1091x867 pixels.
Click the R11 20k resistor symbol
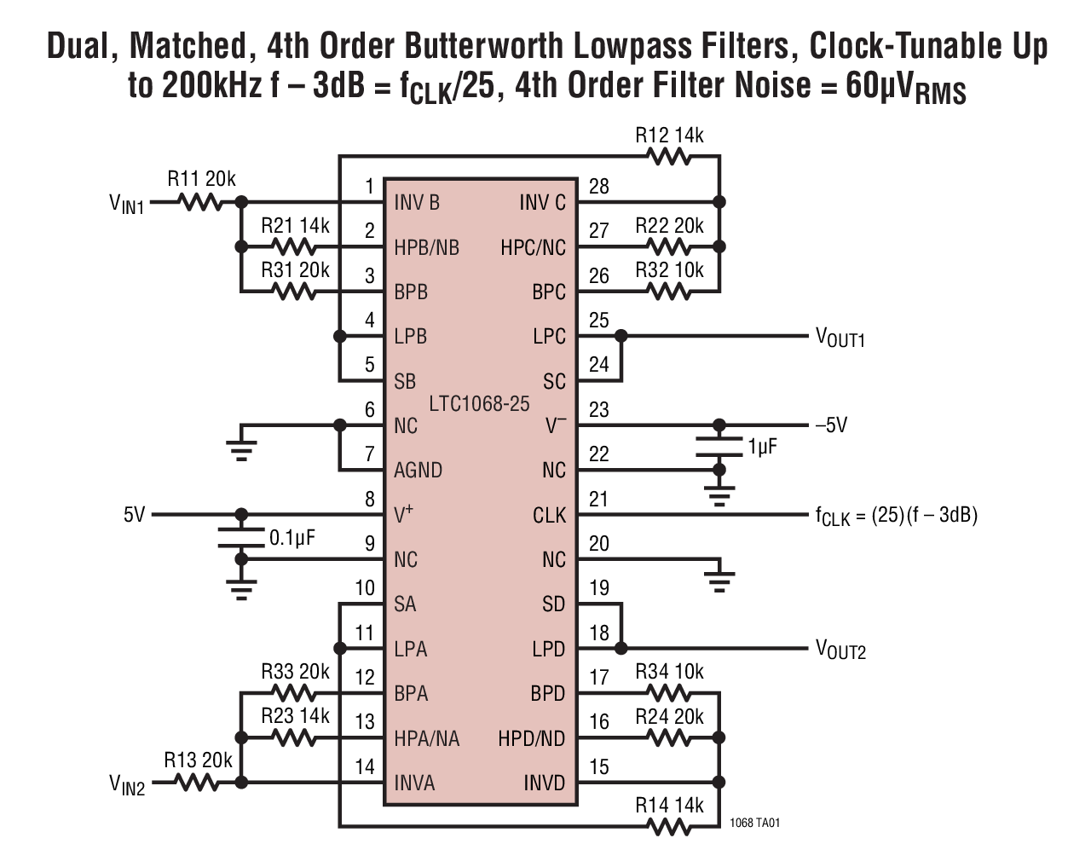click(x=199, y=203)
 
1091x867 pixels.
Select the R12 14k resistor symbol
click(x=669, y=157)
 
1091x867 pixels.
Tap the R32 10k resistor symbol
click(x=669, y=292)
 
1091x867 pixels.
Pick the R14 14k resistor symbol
click(x=669, y=826)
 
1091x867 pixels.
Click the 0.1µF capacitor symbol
click(x=241, y=537)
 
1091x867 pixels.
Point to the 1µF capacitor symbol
click(x=719, y=446)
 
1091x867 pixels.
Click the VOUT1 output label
click(x=840, y=338)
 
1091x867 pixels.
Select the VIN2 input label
click(x=126, y=784)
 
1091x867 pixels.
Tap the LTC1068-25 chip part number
click(x=479, y=403)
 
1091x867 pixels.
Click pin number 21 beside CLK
click(x=599, y=499)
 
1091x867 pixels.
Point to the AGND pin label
click(x=418, y=470)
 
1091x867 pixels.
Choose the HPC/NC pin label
click(x=533, y=247)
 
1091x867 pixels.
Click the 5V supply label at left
click(x=135, y=515)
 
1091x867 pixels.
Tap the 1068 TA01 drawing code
click(x=754, y=824)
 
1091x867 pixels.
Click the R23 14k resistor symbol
click(x=294, y=737)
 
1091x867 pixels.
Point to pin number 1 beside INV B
click(x=369, y=186)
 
